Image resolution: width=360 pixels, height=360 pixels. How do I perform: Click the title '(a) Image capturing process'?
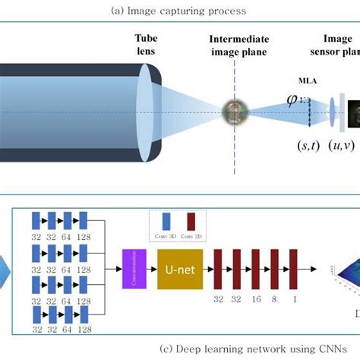pyautogui.click(x=179, y=11)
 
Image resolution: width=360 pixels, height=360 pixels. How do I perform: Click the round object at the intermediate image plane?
pyautogui.click(x=234, y=112)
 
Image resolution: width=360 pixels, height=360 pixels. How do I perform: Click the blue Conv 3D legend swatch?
pyautogui.click(x=166, y=222)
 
